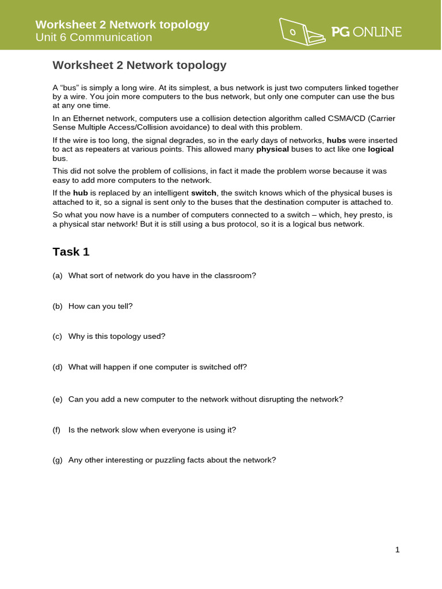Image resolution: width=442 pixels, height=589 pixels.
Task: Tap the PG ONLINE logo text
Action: pos(367,32)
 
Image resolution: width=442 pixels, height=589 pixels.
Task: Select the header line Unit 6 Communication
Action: pos(94,37)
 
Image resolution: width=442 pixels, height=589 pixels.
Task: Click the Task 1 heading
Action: pos(71,252)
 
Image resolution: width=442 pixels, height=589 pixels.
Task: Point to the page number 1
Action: pos(397,550)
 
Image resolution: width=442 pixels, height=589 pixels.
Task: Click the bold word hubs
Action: pos(337,140)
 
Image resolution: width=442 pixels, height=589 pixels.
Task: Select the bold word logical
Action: pos(380,149)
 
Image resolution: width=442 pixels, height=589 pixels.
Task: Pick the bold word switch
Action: pos(203,193)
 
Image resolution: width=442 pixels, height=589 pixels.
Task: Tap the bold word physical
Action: pos(272,149)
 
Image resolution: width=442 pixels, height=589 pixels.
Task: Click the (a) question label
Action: pos(57,276)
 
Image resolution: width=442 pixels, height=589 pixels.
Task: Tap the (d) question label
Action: pos(57,367)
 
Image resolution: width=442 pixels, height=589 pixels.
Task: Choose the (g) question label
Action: pos(57,460)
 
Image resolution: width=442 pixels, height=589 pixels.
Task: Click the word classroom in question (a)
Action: pos(235,276)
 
